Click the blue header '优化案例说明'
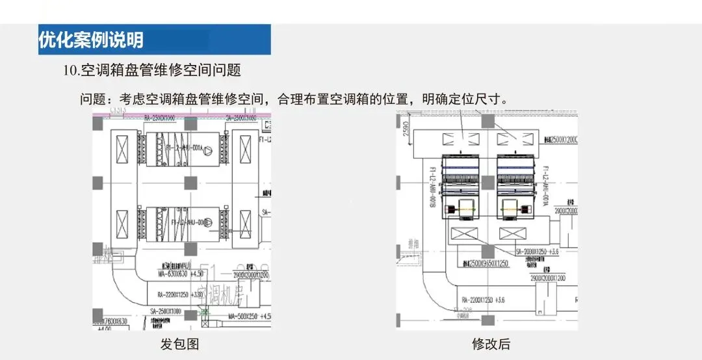(x=91, y=40)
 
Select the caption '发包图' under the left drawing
(x=179, y=344)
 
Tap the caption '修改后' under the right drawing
(x=491, y=344)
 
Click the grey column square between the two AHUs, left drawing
(x=190, y=183)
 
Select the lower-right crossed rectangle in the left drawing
(x=244, y=225)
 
